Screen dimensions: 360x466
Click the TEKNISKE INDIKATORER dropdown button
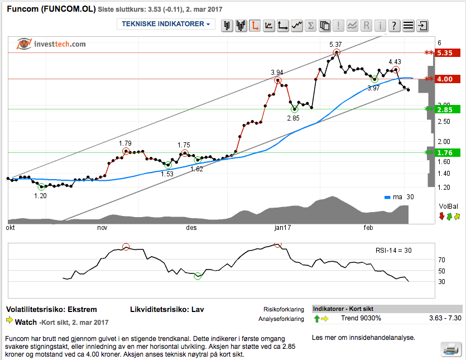166,25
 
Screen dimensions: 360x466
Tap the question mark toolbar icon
394,25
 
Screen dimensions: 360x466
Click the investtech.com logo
51,44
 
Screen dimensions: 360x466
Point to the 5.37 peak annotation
335,44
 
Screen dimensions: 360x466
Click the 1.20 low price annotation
40,196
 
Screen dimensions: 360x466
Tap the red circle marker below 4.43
396,70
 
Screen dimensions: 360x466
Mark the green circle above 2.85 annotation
294,109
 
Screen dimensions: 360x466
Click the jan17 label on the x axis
280,228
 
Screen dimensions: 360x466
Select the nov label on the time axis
102,228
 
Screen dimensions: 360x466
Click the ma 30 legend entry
400,197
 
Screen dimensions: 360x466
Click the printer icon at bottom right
450,349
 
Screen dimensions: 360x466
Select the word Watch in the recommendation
26,322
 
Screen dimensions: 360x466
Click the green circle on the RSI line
197,276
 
